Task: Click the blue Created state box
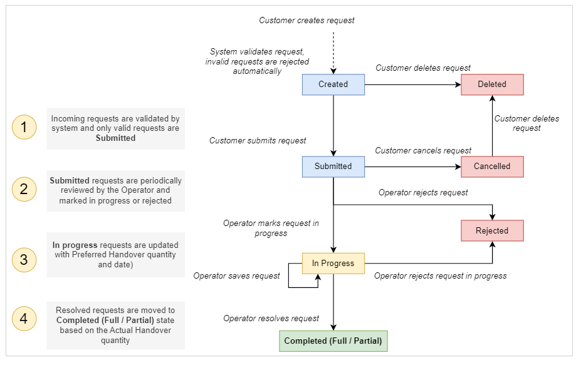coord(333,85)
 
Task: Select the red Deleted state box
coord(492,85)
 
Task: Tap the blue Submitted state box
coord(333,167)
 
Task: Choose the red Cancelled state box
coord(492,167)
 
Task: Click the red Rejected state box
coord(492,230)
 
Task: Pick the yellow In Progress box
coord(333,264)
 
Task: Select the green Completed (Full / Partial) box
coord(333,341)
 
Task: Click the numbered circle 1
coord(24,128)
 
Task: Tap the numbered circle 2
coord(24,190)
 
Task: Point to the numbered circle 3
coord(24,259)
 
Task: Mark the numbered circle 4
coord(24,319)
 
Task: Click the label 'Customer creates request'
coord(306,21)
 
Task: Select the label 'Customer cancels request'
coord(423,151)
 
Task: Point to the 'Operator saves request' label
coord(236,276)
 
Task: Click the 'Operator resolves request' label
coord(271,319)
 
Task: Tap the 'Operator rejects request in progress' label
coord(440,276)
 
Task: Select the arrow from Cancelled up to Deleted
coord(492,125)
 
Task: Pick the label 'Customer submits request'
coord(258,141)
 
